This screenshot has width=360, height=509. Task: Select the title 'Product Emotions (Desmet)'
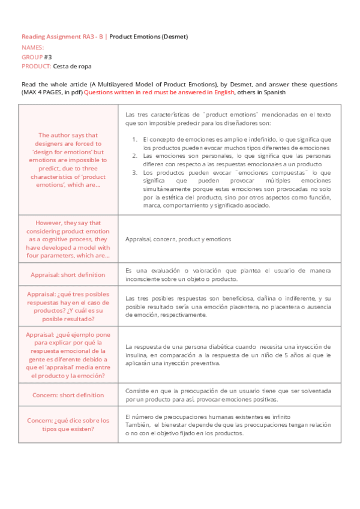click(x=149, y=37)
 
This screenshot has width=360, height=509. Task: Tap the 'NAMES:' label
click(x=32, y=47)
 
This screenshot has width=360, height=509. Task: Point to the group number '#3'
click(x=48, y=56)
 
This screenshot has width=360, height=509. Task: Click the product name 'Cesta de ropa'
click(x=72, y=66)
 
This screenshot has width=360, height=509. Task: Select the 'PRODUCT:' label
click(x=36, y=66)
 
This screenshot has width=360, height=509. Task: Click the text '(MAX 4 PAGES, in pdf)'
click(x=52, y=92)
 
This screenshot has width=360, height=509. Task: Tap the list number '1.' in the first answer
click(x=135, y=139)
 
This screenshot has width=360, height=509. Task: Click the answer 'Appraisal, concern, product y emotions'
click(x=178, y=239)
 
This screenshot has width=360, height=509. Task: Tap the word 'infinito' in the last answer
click(x=278, y=416)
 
